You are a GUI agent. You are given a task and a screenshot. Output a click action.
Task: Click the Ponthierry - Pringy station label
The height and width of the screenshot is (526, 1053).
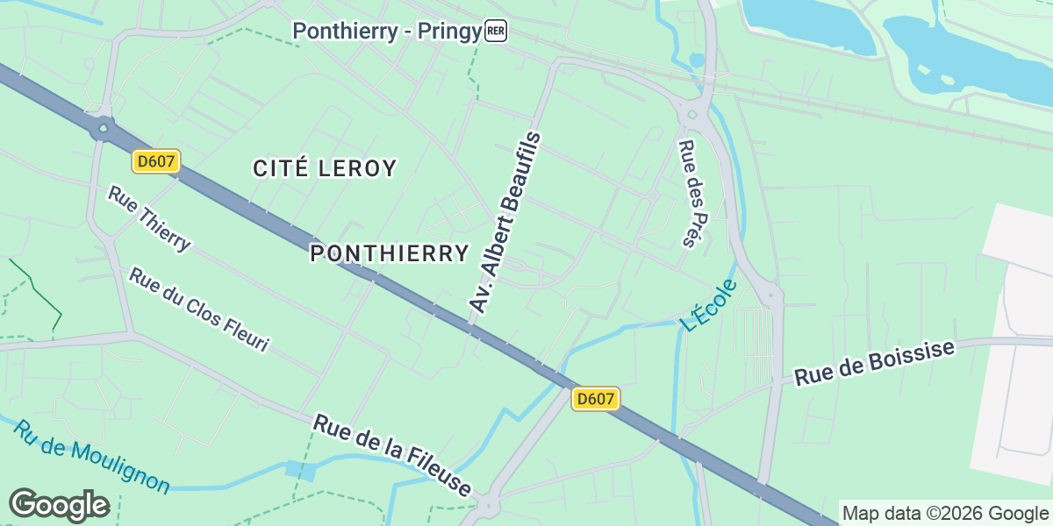coord(387,32)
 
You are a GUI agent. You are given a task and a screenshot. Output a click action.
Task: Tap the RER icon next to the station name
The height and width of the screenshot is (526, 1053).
coord(496,32)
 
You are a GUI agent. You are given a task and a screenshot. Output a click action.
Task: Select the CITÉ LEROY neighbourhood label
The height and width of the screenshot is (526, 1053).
coord(325,168)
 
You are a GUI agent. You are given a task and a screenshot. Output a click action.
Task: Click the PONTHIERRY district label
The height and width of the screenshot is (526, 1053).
coord(390,254)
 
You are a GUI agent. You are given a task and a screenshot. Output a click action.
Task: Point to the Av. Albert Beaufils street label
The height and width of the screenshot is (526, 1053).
coord(506,223)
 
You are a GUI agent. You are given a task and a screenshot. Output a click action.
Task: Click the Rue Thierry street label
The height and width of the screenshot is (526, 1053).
coord(148,218)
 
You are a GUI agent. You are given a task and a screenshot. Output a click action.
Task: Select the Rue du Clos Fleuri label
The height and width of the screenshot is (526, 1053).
coord(198,310)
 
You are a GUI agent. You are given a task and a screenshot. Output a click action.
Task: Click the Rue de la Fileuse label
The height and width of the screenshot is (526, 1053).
coord(393,456)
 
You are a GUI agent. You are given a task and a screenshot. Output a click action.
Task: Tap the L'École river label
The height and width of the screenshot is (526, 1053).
coord(708,304)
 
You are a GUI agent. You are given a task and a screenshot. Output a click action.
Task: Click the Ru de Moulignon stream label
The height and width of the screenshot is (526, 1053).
coord(91,457)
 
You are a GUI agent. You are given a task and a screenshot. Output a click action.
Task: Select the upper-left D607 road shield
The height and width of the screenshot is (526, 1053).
coord(157,161)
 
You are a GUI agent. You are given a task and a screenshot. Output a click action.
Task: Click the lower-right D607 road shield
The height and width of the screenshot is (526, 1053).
coord(596,399)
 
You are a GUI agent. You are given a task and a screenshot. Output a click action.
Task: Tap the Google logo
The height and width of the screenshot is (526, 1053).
coord(59,506)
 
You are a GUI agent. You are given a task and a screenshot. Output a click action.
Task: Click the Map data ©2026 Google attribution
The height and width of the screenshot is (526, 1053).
coord(945,513)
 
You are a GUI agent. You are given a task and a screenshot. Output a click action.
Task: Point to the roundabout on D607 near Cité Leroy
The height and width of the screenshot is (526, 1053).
coord(104,130)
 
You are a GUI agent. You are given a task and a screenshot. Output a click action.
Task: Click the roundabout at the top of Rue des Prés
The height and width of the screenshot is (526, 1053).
coord(691,113)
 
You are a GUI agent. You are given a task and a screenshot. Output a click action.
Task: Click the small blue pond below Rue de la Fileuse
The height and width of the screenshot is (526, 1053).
coord(300,469)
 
